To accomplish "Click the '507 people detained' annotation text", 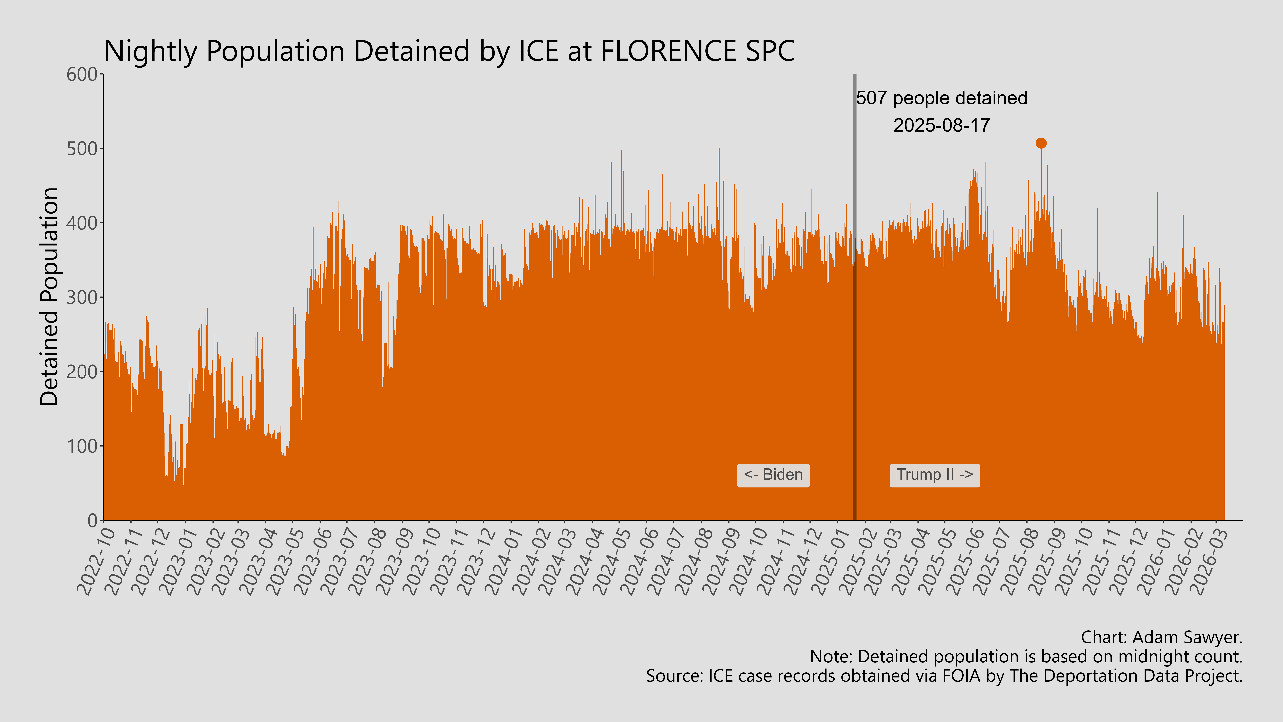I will click(941, 98).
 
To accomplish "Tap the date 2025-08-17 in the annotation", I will click(941, 125).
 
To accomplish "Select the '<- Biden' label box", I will click(773, 475).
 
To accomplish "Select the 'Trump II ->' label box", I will click(934, 475).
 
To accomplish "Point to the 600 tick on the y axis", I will click(82, 75).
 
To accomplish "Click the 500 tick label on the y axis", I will click(82, 149).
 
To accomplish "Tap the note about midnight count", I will click(1026, 657).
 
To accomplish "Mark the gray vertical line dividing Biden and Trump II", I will click(855, 199).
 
